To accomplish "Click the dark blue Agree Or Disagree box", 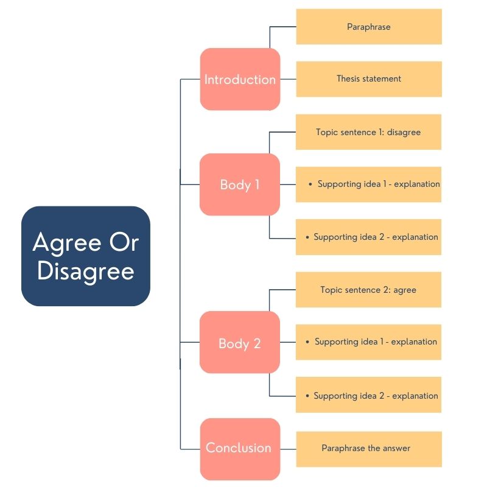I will point(85,256).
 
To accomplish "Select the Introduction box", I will point(240,79).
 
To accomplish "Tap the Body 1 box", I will point(240,184).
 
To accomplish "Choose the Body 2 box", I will point(240,343).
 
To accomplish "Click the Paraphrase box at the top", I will point(368,27).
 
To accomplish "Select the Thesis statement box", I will point(368,79).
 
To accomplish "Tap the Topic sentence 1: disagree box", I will point(368,132).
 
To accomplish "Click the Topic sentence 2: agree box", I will point(368,290).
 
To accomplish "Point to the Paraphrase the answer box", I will point(368,449).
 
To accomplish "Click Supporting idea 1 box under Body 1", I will point(368,184).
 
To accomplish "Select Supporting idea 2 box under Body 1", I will point(368,237).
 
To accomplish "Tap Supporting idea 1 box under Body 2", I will point(368,342).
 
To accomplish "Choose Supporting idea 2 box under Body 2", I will point(368,396).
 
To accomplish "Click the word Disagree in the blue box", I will point(85,272).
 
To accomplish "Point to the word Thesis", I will point(350,79).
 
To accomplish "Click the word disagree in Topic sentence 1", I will point(404,132).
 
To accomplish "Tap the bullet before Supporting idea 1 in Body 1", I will point(310,184).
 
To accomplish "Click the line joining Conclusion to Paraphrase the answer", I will point(288,449).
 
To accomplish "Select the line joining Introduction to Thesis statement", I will point(288,79).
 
